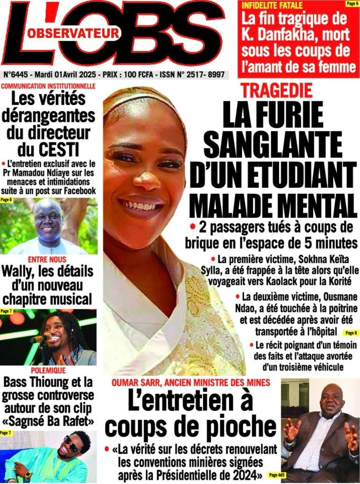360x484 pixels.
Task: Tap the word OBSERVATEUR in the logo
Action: point(73,33)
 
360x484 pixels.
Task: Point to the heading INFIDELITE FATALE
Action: point(272,6)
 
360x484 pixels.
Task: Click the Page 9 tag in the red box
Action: point(352,4)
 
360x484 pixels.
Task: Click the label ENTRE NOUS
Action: point(47,259)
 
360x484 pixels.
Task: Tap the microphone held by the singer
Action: point(39,338)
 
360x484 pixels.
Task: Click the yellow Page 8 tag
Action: point(350,333)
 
